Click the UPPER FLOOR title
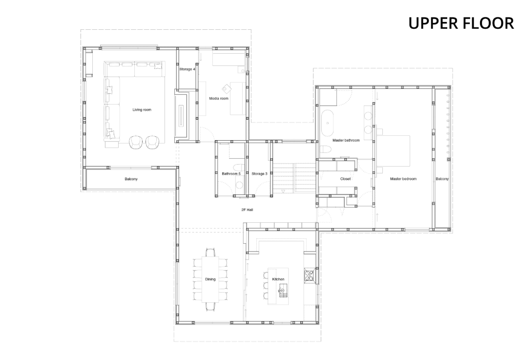(x=461, y=23)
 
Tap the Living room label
(x=142, y=110)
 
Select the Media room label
(x=219, y=99)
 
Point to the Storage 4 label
(x=187, y=69)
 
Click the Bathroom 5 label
(x=231, y=174)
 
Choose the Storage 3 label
(x=259, y=174)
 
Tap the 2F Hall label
(x=248, y=210)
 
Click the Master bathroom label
(x=346, y=140)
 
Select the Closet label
(x=345, y=179)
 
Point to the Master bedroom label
(x=403, y=179)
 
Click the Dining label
(x=210, y=279)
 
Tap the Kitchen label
(x=278, y=279)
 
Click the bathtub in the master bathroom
(x=328, y=123)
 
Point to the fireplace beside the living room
(x=182, y=114)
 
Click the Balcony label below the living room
(x=131, y=179)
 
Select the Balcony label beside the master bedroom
(x=442, y=179)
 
